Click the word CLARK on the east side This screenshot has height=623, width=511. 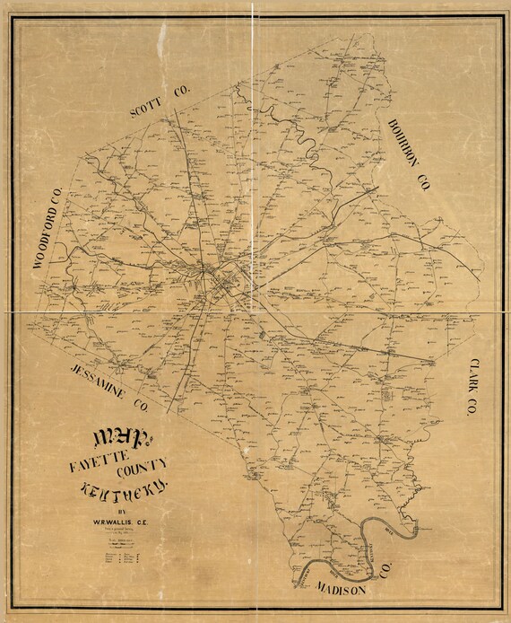[x=471, y=376]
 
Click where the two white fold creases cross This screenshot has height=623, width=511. [x=253, y=310]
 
